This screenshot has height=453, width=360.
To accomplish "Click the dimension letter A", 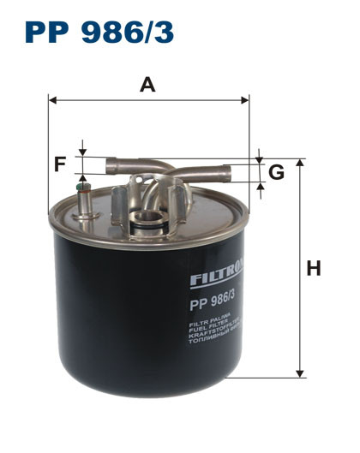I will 148,85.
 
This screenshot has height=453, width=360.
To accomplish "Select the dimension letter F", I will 59,164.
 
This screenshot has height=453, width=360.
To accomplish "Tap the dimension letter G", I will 276,173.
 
